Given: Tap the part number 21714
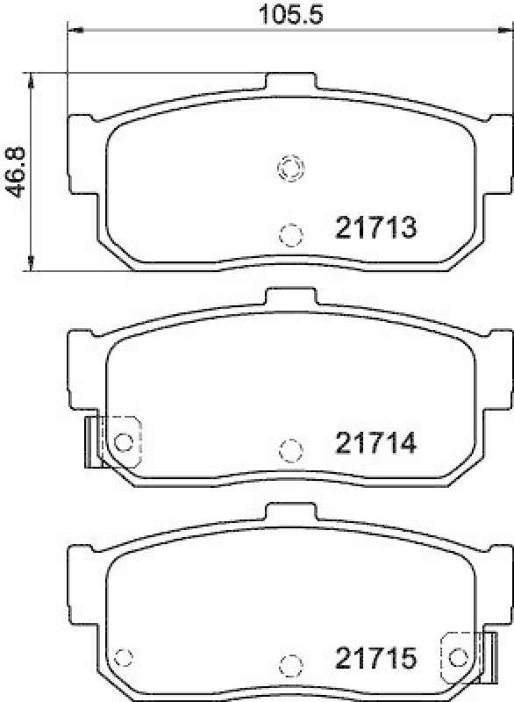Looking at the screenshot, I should click(x=374, y=444).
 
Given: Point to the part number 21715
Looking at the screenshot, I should click(x=374, y=656).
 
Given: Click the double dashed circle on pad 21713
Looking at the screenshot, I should click(x=290, y=167).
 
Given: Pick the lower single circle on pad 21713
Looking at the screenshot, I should click(x=290, y=233).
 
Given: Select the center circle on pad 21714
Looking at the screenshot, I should click(x=290, y=449).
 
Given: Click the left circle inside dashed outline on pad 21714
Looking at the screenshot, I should click(x=125, y=441).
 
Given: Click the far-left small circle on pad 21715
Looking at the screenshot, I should click(x=125, y=656).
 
